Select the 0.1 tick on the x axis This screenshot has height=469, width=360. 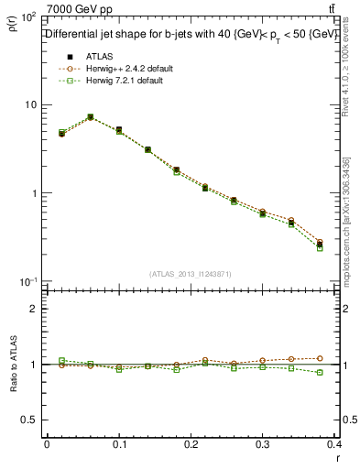point(119,446)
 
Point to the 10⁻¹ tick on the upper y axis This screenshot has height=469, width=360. point(27,281)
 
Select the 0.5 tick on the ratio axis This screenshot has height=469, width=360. point(29,420)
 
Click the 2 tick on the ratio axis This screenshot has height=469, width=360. point(33,309)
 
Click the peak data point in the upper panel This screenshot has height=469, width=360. point(90,117)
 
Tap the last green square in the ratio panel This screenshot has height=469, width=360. point(321,373)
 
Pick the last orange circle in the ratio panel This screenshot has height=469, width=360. point(321,358)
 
